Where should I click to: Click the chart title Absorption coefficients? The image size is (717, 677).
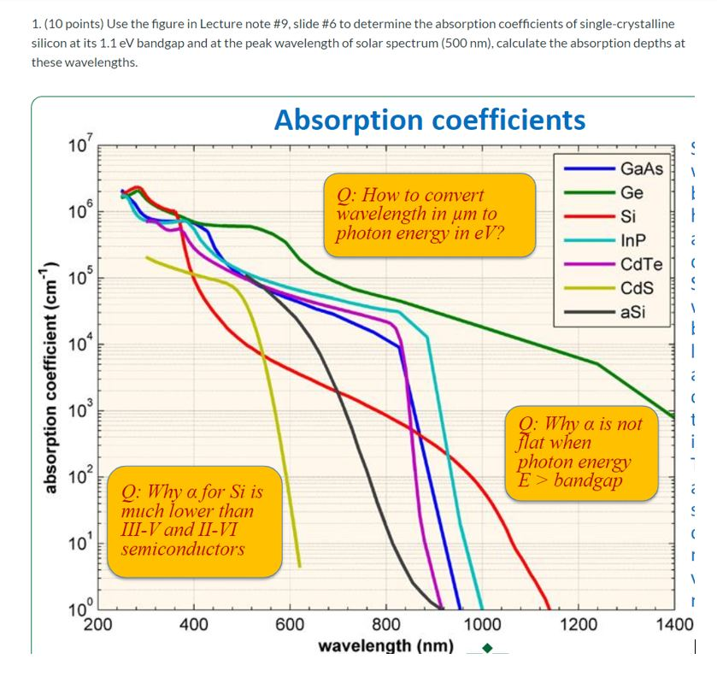430,120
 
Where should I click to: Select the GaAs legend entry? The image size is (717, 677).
641,168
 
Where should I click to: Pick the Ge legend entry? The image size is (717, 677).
632,192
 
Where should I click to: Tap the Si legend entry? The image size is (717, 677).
628,216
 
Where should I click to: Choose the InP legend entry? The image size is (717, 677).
632,240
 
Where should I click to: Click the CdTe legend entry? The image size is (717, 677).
638,264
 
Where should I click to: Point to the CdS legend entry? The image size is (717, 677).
637,288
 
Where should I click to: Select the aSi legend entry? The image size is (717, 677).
632,312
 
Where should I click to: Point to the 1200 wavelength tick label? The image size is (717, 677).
579,624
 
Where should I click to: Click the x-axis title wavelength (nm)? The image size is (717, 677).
385,645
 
